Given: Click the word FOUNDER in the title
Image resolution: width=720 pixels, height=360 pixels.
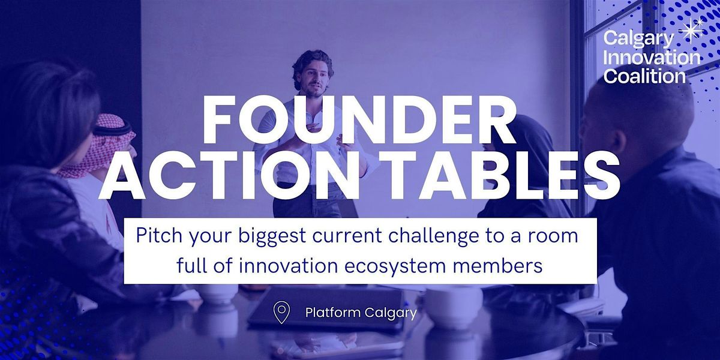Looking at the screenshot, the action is coord(358,119).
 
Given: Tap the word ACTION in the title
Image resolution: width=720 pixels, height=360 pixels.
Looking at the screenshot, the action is coord(228,175).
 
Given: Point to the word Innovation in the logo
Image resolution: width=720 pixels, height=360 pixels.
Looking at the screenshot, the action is coord(652,58).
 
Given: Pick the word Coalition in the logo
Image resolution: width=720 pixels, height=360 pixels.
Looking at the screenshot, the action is coord(644,76).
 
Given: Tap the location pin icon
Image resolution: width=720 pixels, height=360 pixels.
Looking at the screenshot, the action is coord(281,312).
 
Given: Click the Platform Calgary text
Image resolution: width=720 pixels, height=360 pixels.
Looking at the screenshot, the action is coord(361,313).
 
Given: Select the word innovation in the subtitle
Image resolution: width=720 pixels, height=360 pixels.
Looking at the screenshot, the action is coord(288,265).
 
